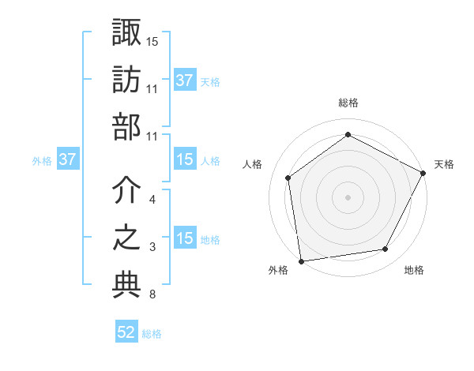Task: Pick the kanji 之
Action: [x=126, y=239]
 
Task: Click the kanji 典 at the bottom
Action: [x=126, y=286]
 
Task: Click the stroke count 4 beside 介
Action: [x=152, y=200]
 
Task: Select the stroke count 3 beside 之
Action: [x=152, y=248]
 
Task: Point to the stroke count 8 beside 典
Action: [x=152, y=295]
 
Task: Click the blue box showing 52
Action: [x=126, y=332]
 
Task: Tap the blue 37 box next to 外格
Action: [x=67, y=160]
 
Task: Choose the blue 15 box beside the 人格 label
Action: [x=185, y=160]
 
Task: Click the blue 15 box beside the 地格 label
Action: [x=185, y=239]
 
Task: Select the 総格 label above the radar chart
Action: [x=348, y=103]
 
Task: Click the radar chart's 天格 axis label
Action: [x=444, y=164]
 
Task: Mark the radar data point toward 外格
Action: [x=301, y=260]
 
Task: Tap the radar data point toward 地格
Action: [x=386, y=249]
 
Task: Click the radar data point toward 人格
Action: [x=288, y=178]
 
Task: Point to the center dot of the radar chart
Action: [x=348, y=197]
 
